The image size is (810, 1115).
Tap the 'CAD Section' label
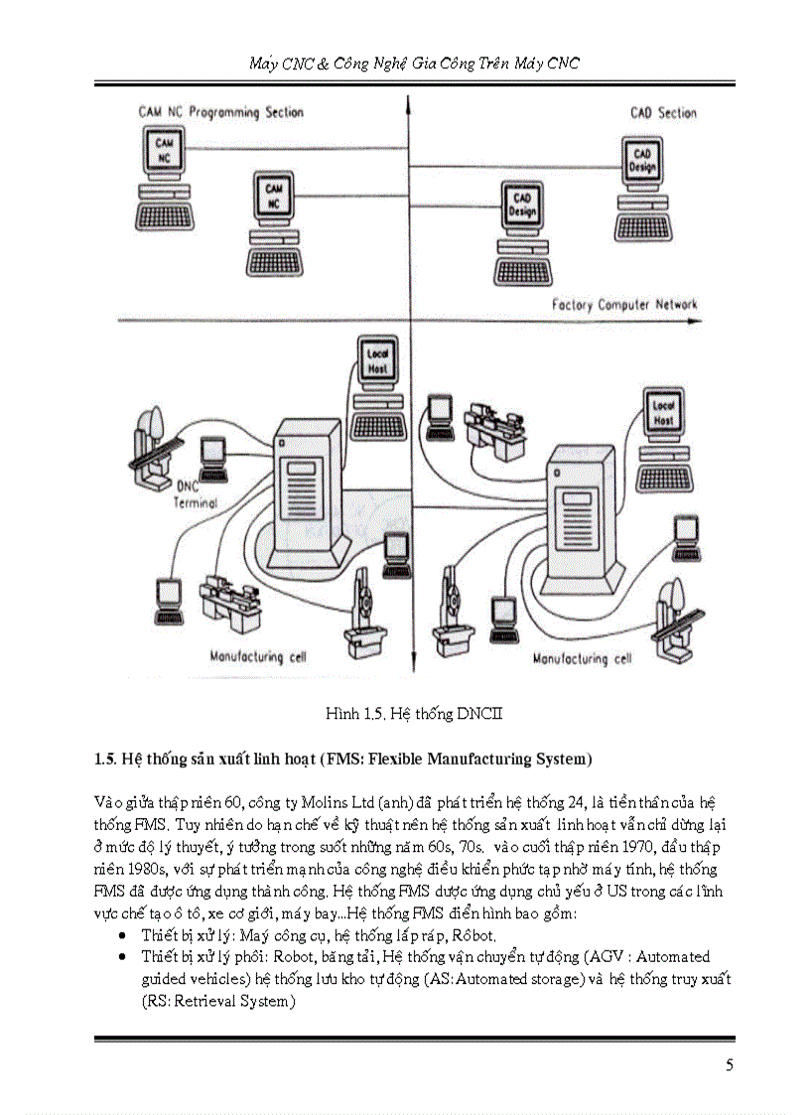pos(663,113)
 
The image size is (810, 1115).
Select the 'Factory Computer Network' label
pos(624,305)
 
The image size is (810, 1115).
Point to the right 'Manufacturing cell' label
pos(583,658)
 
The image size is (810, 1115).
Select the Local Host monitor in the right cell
pos(663,413)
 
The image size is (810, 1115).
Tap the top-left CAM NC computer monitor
pos(165,152)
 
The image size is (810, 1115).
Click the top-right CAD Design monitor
pos(642,161)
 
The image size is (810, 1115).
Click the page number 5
pos(730,1066)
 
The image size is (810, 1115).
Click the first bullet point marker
pos(120,936)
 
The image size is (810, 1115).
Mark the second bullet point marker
pos(120,958)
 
